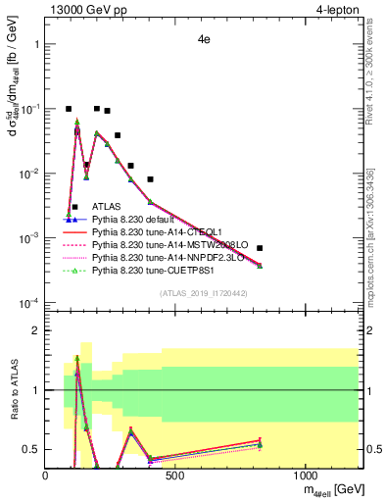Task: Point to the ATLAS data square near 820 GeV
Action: coord(260,248)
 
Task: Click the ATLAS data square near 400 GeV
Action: coord(150,179)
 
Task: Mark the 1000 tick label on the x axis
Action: coord(306,476)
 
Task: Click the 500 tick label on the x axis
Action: coord(175,476)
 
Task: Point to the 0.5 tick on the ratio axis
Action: coord(31,449)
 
